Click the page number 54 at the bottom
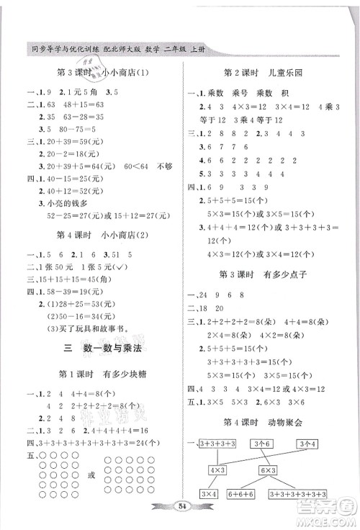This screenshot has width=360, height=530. [179, 506]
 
